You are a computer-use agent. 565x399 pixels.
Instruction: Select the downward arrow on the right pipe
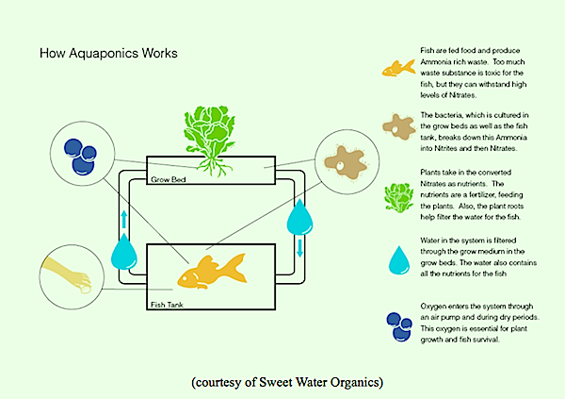point(300,246)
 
